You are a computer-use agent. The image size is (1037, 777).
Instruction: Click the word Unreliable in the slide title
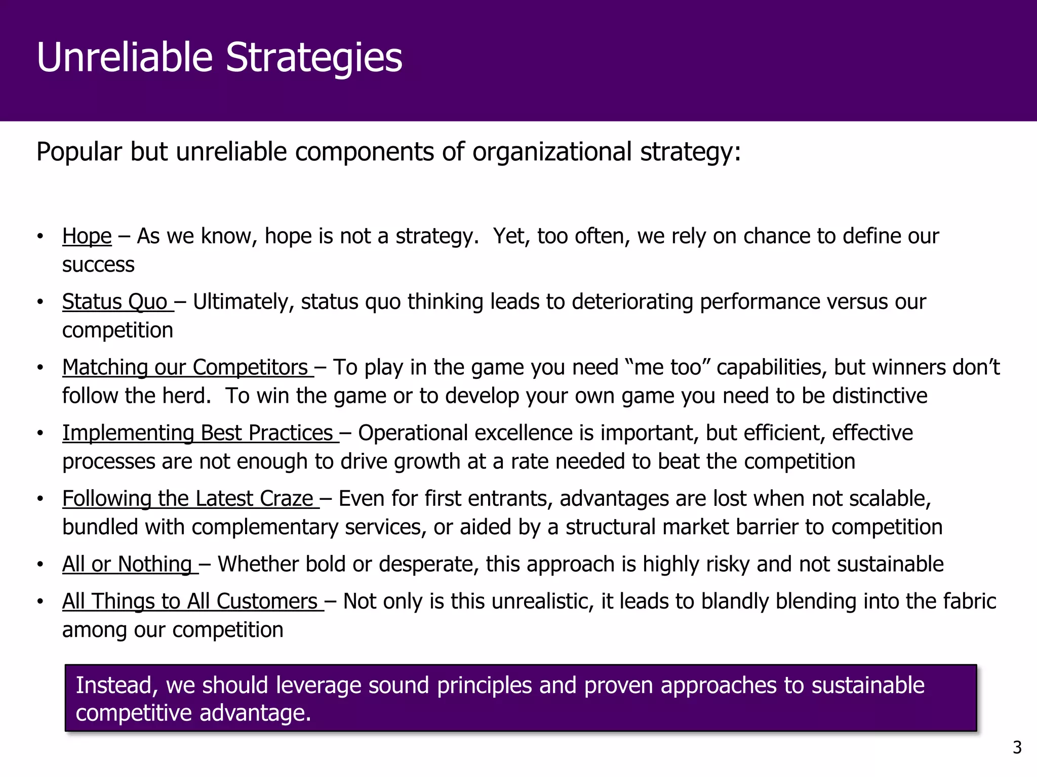(125, 57)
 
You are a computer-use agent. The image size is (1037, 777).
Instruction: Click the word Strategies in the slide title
(313, 57)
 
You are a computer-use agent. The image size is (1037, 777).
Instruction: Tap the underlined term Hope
(87, 236)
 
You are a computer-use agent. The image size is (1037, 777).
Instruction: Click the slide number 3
(1017, 748)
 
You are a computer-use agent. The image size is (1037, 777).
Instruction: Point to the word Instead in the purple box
(116, 685)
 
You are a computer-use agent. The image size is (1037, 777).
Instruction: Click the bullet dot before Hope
(40, 236)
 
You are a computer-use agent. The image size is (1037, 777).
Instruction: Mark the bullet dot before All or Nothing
(40, 565)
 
